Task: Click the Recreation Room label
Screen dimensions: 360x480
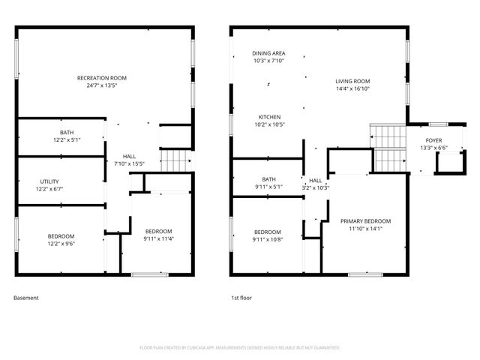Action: [x=102, y=78]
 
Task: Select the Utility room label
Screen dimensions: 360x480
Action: [x=49, y=181]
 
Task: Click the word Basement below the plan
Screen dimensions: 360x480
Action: [x=25, y=298]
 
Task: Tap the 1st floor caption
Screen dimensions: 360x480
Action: [x=241, y=298]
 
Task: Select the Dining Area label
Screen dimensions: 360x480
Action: [x=268, y=53]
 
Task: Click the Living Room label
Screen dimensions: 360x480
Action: [x=352, y=81]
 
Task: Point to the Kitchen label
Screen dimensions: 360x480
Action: [x=269, y=118]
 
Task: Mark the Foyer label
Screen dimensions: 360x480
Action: [x=434, y=141]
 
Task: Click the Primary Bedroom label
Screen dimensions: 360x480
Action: [x=365, y=221]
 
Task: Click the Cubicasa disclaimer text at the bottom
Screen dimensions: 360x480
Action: [x=240, y=347]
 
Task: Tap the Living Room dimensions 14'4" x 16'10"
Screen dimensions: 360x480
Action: [x=352, y=88]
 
